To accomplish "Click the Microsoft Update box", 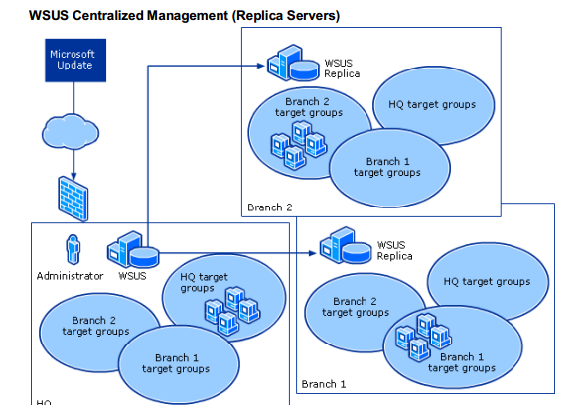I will (x=72, y=60).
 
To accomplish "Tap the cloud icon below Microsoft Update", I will (x=72, y=129).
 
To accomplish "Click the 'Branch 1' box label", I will (x=323, y=384).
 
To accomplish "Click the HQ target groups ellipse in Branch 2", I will (x=433, y=104).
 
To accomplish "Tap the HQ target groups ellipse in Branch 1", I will (x=487, y=282).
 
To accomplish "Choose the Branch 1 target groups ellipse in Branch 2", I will (x=387, y=167).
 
